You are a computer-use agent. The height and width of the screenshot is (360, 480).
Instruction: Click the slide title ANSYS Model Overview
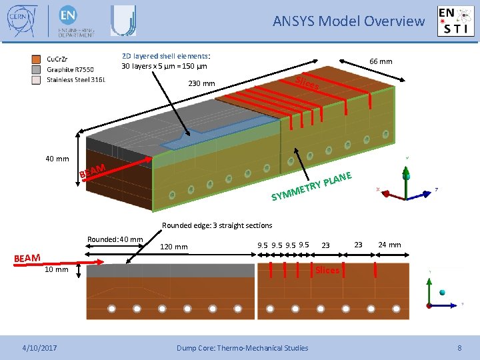tap(348, 21)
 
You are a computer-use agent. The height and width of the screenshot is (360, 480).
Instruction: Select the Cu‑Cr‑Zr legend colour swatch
tap(37, 59)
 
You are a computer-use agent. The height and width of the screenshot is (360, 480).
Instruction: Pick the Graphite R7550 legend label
tap(70, 69)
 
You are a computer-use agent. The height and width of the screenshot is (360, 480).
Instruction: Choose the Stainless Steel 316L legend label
tap(75, 80)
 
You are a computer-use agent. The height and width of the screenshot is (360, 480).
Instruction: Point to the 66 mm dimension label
tap(381, 61)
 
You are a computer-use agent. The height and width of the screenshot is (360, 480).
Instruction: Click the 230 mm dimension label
tap(201, 84)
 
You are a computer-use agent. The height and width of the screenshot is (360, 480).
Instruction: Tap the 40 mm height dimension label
tap(57, 159)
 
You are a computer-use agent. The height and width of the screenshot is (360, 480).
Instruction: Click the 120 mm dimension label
tap(174, 247)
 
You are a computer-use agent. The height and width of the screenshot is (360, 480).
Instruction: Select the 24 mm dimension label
tap(389, 245)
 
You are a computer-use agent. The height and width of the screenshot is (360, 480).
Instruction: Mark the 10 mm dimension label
tap(56, 270)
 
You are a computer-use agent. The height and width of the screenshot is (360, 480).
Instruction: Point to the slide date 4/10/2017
tap(39, 347)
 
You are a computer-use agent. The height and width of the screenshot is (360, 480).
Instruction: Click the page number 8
tap(459, 347)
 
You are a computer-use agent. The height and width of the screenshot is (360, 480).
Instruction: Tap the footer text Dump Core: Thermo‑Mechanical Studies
tap(242, 347)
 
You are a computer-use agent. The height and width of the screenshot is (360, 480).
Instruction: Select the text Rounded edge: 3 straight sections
tap(217, 225)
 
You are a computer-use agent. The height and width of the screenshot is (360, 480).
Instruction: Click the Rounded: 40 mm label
tap(115, 239)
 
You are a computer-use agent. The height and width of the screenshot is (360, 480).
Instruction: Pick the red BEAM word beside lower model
tap(27, 258)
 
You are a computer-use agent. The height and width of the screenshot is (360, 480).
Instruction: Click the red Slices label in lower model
tap(327, 270)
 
